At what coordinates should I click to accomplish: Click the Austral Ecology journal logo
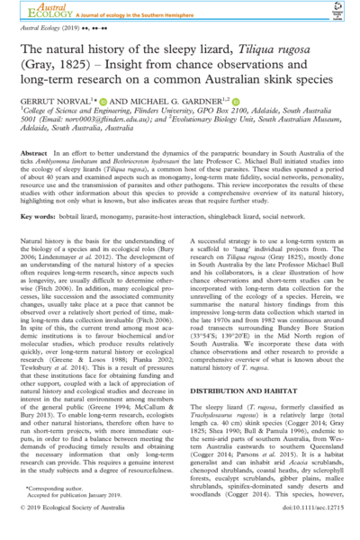tap(40, 12)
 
